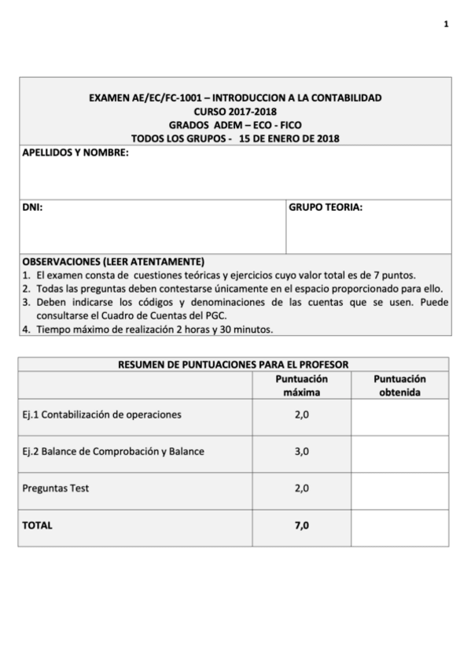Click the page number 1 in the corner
[446, 24]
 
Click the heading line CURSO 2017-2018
[235, 112]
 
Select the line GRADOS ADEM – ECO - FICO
[235, 125]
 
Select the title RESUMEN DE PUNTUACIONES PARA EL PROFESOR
[234, 364]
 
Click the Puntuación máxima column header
[301, 385]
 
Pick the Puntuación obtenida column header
[401, 385]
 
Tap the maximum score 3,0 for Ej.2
[301, 451]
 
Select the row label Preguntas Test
[56, 488]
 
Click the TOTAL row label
[38, 525]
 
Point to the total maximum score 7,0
[301, 525]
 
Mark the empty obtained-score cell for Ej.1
[401, 414]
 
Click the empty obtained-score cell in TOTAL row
[401, 525]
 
